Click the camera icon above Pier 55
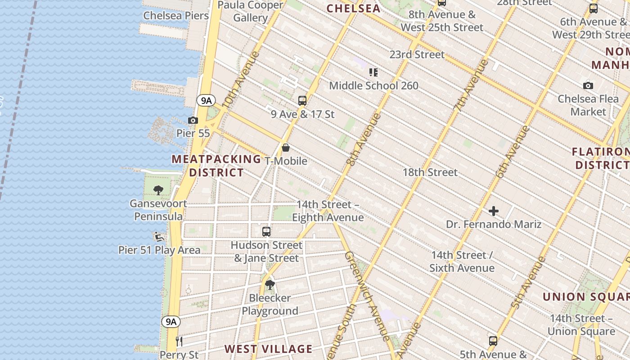[193, 120]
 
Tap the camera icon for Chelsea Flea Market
[588, 85]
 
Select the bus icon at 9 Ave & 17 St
[302, 101]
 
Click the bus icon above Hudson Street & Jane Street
[266, 232]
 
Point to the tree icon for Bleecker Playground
[270, 284]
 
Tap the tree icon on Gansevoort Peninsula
[158, 190]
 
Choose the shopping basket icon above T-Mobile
[286, 148]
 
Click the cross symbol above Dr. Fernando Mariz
[494, 211]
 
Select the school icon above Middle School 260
[373, 72]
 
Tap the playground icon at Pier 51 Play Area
[158, 237]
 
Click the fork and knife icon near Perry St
[179, 341]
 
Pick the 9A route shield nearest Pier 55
[206, 100]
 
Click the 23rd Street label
[417, 54]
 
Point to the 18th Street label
[430, 172]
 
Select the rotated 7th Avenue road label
[470, 85]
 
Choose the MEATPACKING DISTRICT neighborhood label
[216, 166]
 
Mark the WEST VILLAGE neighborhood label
[268, 349]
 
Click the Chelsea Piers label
[176, 16]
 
